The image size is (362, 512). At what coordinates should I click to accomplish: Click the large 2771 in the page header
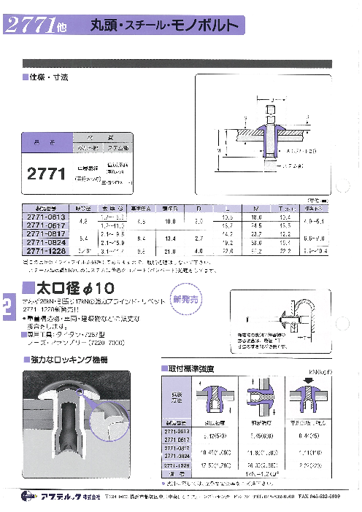[x=31, y=27]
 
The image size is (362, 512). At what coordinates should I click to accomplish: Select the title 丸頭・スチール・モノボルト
[x=163, y=26]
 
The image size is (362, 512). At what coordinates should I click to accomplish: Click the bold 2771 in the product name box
[x=46, y=174]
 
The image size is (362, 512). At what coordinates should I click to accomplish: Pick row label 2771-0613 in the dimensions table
[x=46, y=217]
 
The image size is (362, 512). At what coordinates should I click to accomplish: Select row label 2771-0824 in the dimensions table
[x=46, y=243]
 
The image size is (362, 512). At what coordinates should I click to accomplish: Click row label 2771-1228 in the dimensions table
[x=46, y=252]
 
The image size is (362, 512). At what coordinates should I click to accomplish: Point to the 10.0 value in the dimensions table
[x=172, y=221]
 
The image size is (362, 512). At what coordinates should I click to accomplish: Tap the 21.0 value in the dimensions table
[x=172, y=252]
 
